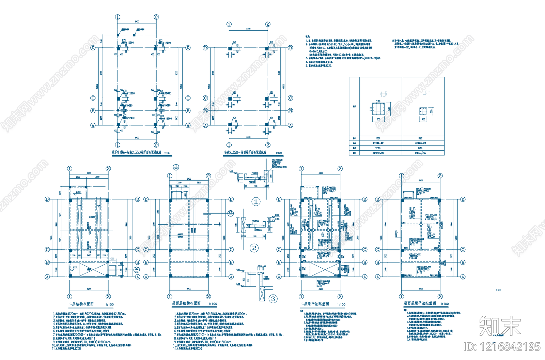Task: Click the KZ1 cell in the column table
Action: (378, 138)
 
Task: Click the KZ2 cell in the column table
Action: (420, 138)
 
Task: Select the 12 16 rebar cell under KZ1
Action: (378, 148)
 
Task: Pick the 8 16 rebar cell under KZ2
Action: (420, 148)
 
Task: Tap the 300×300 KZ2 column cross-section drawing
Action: (423, 111)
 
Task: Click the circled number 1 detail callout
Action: (256, 202)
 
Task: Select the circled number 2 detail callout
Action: (254, 248)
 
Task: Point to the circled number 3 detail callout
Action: (273, 299)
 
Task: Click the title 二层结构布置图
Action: (81, 304)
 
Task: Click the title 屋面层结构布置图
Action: (186, 303)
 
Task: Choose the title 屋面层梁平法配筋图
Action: (420, 303)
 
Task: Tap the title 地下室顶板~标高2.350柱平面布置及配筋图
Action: (136, 153)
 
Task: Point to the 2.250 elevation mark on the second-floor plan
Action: (78, 192)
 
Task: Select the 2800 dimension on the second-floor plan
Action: (78, 177)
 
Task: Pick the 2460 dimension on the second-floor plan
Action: (89, 255)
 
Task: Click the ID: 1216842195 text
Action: (502, 347)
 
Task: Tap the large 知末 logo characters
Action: (500, 326)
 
